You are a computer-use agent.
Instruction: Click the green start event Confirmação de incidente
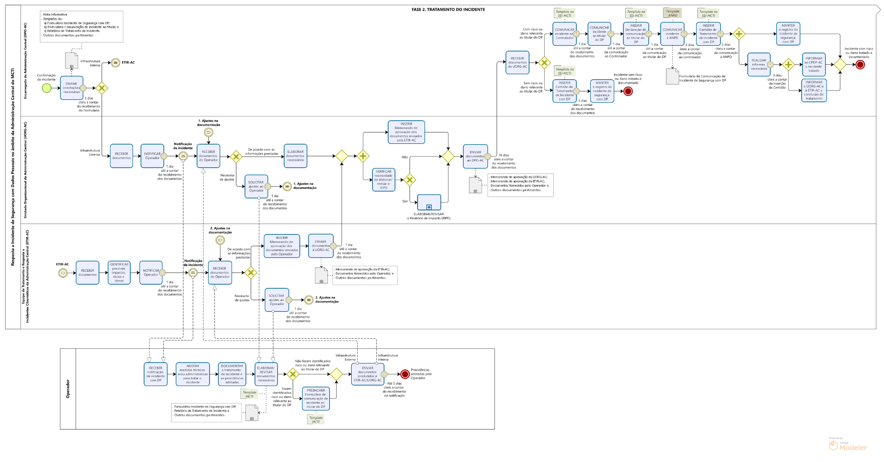coord(47,88)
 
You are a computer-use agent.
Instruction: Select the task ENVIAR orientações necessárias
coord(71,88)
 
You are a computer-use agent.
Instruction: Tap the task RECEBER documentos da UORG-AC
coord(518,63)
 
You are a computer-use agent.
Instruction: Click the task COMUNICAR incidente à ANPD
coord(672,34)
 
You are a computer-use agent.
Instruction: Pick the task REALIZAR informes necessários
coord(759,64)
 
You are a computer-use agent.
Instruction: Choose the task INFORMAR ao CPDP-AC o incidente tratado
coord(814,64)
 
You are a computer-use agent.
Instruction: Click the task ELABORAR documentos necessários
coord(295,156)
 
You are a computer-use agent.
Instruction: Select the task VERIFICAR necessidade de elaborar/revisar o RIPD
coord(383,180)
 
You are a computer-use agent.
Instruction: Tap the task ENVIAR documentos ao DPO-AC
coord(475,156)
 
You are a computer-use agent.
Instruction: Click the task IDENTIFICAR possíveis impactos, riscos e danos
coord(119,273)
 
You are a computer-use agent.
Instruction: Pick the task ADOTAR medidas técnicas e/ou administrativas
coord(192,374)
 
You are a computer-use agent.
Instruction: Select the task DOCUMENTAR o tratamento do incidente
coord(232,374)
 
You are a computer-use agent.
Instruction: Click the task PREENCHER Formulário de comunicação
coord(316,398)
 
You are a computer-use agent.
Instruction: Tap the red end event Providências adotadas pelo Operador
coord(405,374)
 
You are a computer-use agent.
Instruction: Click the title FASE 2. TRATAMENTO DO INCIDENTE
coord(448,9)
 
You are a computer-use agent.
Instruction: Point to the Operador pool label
coord(68,389)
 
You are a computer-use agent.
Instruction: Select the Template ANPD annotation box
coord(672,13)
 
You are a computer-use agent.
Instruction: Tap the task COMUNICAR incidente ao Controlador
coord(564,34)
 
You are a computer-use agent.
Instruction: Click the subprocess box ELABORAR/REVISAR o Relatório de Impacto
coord(429,202)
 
